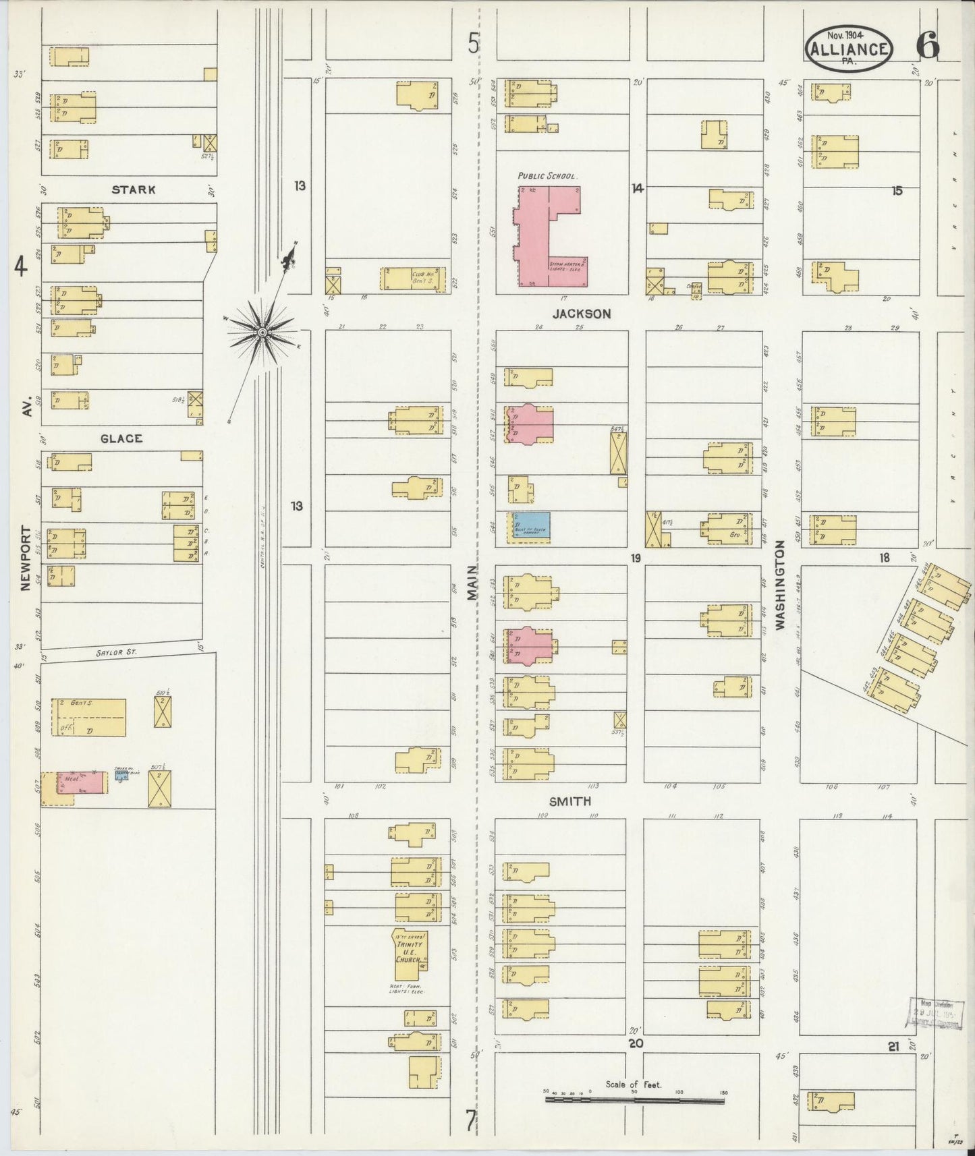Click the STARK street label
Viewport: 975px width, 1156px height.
[x=134, y=190]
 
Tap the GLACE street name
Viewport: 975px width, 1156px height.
[x=121, y=439]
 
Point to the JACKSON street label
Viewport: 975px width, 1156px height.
[x=581, y=314]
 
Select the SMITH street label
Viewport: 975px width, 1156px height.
[x=570, y=801]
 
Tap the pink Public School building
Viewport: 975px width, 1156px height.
[x=548, y=236]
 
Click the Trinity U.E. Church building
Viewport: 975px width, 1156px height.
[x=411, y=954]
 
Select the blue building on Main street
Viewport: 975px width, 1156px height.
[x=528, y=525]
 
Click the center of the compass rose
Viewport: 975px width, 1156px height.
[x=261, y=330]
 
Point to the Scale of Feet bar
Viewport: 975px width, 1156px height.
[x=634, y=1100]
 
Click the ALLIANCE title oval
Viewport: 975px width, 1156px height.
[x=848, y=49]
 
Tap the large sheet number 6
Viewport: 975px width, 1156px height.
[x=927, y=47]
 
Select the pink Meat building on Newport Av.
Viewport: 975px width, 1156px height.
[x=80, y=782]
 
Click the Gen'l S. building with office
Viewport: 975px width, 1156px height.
[x=88, y=718]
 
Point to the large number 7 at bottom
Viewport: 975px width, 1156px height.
[x=470, y=1120]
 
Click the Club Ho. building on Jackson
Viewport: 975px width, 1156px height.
[x=414, y=279]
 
